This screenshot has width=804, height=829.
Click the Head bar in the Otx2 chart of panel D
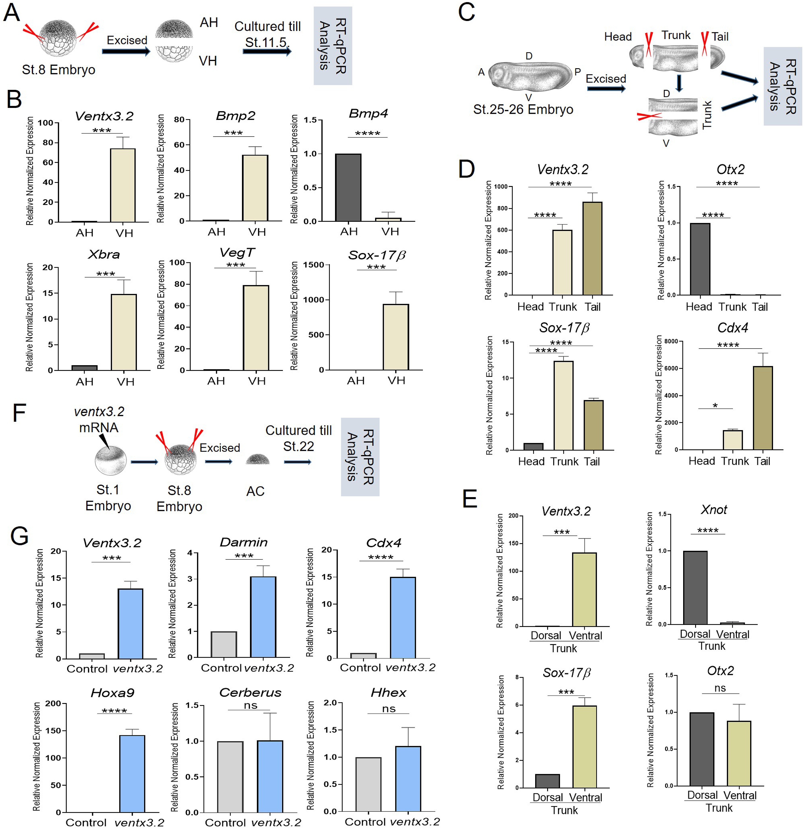tap(700, 259)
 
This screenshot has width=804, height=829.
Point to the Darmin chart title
tap(244, 542)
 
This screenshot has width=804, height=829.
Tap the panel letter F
tap(19, 413)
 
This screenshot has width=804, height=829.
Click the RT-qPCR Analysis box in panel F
tap(360, 457)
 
